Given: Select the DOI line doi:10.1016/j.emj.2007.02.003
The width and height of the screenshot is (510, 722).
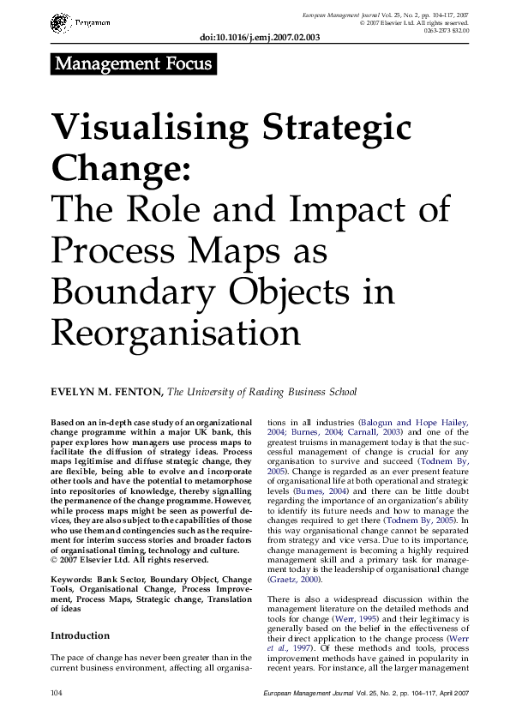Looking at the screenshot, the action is (x=258, y=38).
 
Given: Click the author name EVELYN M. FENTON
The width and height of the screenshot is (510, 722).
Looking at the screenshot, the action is (x=106, y=393).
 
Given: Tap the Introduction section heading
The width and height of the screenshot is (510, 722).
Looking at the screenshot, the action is (x=80, y=636).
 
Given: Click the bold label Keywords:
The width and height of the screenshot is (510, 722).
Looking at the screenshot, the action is (x=75, y=581).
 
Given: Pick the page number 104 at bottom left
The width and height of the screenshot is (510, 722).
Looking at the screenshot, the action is (x=58, y=691).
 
